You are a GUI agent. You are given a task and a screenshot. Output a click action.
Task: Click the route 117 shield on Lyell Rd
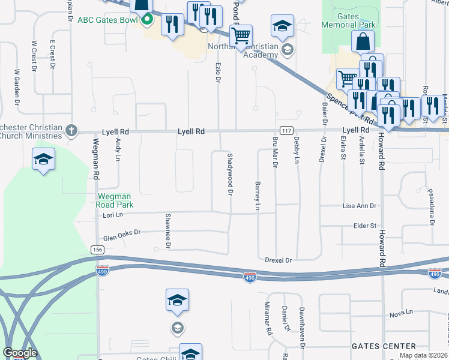pos(286,131)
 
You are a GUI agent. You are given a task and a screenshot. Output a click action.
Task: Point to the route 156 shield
pos(97,250)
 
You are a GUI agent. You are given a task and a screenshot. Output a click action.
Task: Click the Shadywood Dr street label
pos(229,174)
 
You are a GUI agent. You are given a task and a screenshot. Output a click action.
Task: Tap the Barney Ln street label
pos(257,196)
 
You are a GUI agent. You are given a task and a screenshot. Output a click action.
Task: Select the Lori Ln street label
pos(112,214)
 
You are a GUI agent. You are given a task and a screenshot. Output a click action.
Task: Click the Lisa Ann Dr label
pos(359,206)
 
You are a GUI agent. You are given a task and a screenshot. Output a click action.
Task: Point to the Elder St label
pos(365,226)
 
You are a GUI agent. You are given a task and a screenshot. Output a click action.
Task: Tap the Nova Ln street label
pos(402,313)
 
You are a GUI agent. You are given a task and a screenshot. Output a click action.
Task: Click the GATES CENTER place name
pos(384,346)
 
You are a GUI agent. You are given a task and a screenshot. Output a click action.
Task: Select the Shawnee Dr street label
pos(168,230)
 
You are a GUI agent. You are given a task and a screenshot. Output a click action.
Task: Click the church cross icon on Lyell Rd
pos(71,130)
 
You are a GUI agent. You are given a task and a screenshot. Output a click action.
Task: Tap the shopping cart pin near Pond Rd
pos(241,35)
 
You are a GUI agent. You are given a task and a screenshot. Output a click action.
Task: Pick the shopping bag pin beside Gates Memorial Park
pos(363,41)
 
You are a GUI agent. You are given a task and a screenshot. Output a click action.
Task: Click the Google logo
pos(19,353)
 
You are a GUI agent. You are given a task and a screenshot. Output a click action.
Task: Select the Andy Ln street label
pos(118,148)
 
